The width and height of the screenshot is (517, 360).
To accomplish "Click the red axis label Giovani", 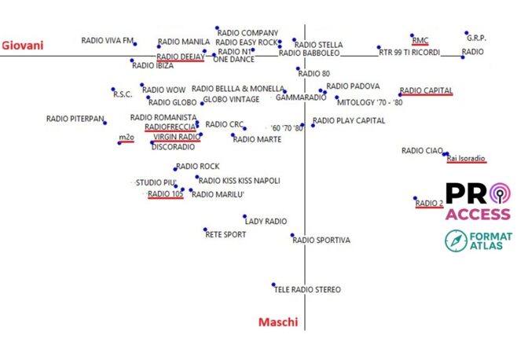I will click(23, 45).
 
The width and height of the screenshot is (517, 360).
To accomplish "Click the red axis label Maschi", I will click(278, 322).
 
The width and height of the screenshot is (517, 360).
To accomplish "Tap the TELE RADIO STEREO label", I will click(307, 289).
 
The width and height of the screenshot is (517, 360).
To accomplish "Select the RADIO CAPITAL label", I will click(426, 90).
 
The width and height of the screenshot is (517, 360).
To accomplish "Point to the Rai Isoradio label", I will click(467, 158).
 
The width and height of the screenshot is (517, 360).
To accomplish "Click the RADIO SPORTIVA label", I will click(321, 240).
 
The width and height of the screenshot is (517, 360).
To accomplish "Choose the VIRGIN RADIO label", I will click(177, 136).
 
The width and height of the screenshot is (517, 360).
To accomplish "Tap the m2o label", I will click(126, 138).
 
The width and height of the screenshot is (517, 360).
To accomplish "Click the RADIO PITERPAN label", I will click(75, 119).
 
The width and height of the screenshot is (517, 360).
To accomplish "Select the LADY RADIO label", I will click(266, 222).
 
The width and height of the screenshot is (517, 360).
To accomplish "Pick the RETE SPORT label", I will click(225, 234).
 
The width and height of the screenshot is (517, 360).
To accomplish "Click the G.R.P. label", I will click(476, 37).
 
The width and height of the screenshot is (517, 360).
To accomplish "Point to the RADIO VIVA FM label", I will click(108, 40).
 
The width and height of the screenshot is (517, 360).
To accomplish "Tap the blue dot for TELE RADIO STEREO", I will click(273, 285).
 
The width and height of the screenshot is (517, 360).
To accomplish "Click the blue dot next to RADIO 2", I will click(416, 198).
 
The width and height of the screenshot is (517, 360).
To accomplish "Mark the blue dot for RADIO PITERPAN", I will click(104, 123).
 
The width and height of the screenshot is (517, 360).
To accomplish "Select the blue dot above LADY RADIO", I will click(244, 216).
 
